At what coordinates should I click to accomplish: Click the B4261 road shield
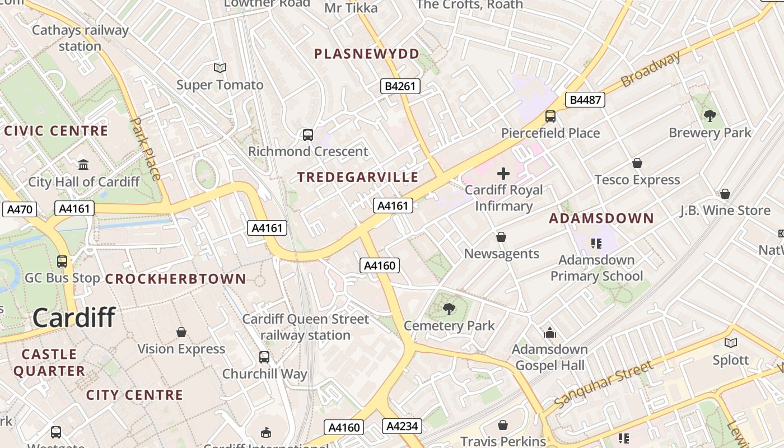click(x=400, y=86)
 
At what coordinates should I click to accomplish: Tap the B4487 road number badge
click(x=585, y=100)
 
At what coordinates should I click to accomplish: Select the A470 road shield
click(x=20, y=209)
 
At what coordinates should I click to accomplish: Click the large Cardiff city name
click(x=74, y=318)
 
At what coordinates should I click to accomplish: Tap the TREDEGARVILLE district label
click(x=358, y=178)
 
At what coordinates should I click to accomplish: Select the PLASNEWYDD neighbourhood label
click(x=367, y=54)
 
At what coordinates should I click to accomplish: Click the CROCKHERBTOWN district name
click(x=176, y=279)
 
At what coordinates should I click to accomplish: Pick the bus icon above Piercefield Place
click(x=550, y=116)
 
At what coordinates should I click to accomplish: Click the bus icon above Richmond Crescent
click(x=308, y=135)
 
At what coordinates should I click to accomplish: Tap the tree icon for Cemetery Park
click(x=449, y=309)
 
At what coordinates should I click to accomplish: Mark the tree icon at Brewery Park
click(x=710, y=116)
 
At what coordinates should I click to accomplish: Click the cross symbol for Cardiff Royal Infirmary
click(x=503, y=174)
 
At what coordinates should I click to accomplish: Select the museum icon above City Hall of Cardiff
click(x=83, y=165)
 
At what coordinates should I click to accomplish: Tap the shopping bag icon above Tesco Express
click(x=637, y=163)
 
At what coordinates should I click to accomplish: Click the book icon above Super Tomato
click(x=220, y=68)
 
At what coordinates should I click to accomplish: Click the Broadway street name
click(x=651, y=68)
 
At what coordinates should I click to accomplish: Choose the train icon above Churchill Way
click(x=264, y=357)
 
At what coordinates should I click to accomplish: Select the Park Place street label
click(x=146, y=148)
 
